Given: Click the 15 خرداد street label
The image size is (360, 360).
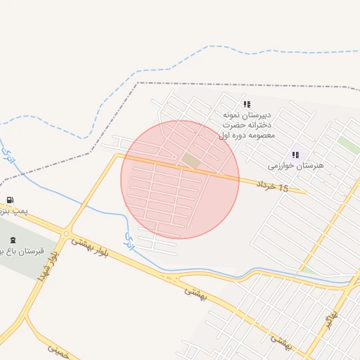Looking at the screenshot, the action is point(274,186).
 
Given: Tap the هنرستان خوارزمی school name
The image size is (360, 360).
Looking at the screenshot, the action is point(295,166).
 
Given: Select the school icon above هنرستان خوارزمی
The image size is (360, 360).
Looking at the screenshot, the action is point(295,155).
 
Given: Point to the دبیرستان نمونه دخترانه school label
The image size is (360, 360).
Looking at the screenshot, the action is point(247,124).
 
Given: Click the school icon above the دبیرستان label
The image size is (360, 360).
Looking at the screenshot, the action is point(247,104).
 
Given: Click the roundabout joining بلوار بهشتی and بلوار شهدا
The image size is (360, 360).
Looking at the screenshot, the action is point(67,233).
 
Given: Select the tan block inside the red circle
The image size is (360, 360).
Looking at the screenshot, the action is point(191,161).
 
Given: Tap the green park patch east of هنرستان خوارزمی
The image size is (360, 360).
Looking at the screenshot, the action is point(347,144).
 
